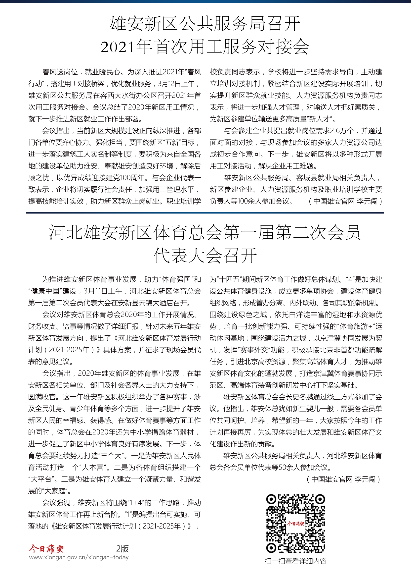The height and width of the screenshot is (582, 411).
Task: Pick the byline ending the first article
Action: click(x=345, y=201)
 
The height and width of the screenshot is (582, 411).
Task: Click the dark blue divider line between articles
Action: click(x=205, y=213)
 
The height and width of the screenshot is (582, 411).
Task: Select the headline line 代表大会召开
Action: click(x=205, y=256)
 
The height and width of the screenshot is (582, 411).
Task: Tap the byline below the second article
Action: click(x=343, y=479)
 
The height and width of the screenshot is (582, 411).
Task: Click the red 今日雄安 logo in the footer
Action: click(x=46, y=549)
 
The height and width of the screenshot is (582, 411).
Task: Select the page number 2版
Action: click(x=123, y=549)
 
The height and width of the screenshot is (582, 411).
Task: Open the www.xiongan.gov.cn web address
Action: click(x=79, y=557)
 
